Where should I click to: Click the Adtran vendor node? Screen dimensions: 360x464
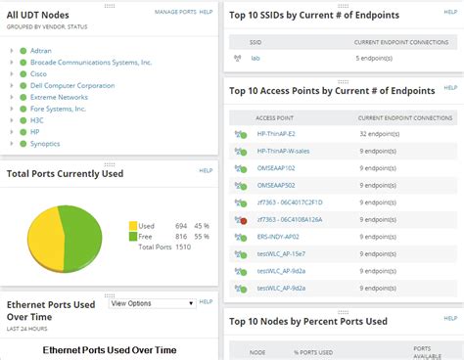pyautogui.click(x=42, y=47)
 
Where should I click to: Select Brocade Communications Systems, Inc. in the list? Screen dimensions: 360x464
pyautogui.click(x=91, y=61)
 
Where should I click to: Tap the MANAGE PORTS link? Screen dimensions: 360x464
pyautogui.click(x=174, y=11)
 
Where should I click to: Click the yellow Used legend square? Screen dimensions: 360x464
pyautogui.click(x=133, y=225)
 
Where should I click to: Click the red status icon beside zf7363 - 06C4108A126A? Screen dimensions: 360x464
pyautogui.click(x=242, y=220)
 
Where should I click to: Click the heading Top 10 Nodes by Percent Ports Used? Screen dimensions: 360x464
pyautogui.click(x=307, y=321)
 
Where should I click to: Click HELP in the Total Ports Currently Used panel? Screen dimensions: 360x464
pyautogui.click(x=206, y=170)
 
